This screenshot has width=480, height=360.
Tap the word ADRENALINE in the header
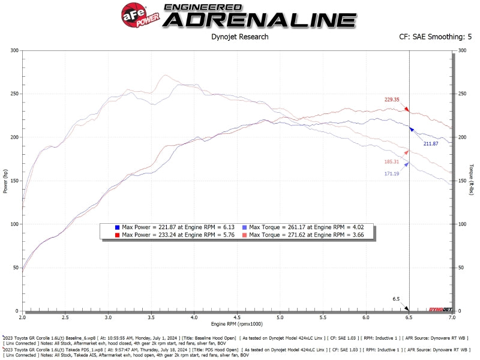click(x=260, y=19)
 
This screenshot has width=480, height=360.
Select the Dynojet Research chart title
click(x=240, y=37)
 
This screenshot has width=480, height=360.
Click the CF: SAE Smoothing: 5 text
click(x=431, y=37)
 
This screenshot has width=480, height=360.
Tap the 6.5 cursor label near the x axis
click(x=396, y=298)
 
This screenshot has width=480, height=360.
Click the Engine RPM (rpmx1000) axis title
click(x=237, y=325)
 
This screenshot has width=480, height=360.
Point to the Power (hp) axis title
click(x=5, y=180)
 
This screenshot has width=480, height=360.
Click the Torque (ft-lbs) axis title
click(x=473, y=180)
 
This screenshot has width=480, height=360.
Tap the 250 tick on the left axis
click(x=13, y=94)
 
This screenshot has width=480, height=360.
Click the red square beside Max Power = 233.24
click(x=117, y=235)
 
